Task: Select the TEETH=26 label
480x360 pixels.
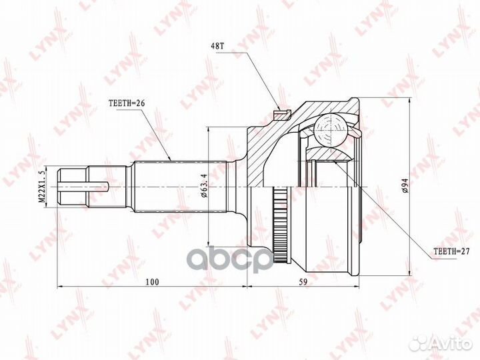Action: tap(126, 103)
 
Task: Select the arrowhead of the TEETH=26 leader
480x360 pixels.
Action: tap(171, 159)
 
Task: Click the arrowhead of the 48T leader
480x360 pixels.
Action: tap(279, 108)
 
